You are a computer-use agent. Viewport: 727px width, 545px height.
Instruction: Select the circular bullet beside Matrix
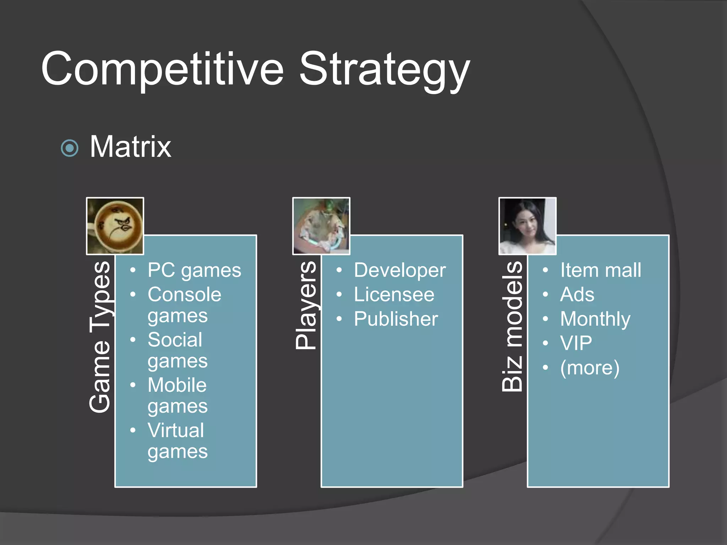[x=70, y=148]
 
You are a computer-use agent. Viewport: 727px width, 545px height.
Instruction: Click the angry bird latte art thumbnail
[x=115, y=226]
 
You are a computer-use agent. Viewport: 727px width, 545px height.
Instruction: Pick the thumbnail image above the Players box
[x=321, y=226]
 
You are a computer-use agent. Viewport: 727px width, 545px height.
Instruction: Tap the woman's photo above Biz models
[x=528, y=226]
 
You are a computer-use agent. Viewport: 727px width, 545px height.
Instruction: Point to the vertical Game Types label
[x=100, y=337]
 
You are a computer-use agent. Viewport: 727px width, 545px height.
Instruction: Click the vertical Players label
[x=306, y=305]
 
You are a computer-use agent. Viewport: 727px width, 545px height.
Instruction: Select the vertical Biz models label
[x=513, y=326]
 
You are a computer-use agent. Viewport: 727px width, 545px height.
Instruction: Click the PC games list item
[x=194, y=270]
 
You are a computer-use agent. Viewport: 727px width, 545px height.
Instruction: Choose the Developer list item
[x=400, y=270]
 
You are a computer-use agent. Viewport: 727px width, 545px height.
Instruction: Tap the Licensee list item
[x=394, y=294]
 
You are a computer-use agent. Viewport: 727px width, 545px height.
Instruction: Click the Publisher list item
[x=396, y=319]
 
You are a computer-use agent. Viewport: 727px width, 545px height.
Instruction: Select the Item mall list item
[x=601, y=270]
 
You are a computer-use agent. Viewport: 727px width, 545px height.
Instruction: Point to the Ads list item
[x=577, y=294]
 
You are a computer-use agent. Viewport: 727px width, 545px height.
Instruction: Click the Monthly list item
[x=595, y=319]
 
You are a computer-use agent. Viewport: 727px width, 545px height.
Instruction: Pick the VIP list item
[x=576, y=343]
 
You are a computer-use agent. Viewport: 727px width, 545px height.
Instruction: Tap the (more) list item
[x=590, y=368]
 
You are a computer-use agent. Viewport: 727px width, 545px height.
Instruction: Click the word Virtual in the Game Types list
[x=176, y=430]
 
